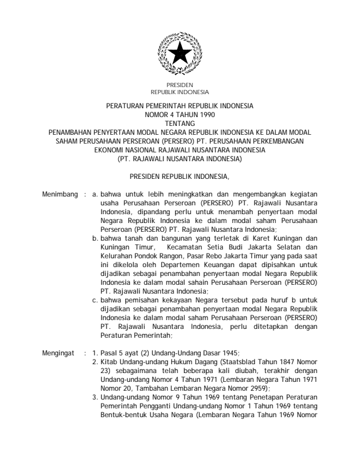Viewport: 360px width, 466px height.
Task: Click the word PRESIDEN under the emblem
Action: coord(179,86)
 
